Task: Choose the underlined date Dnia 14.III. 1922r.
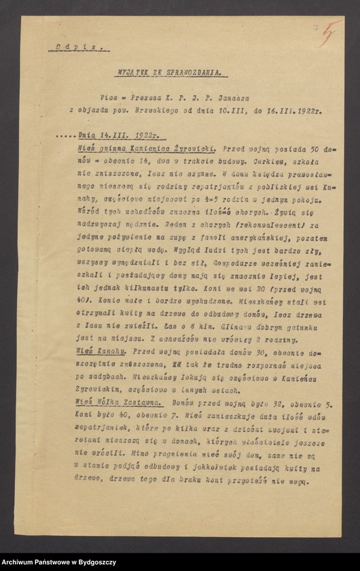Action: (x=111, y=135)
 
